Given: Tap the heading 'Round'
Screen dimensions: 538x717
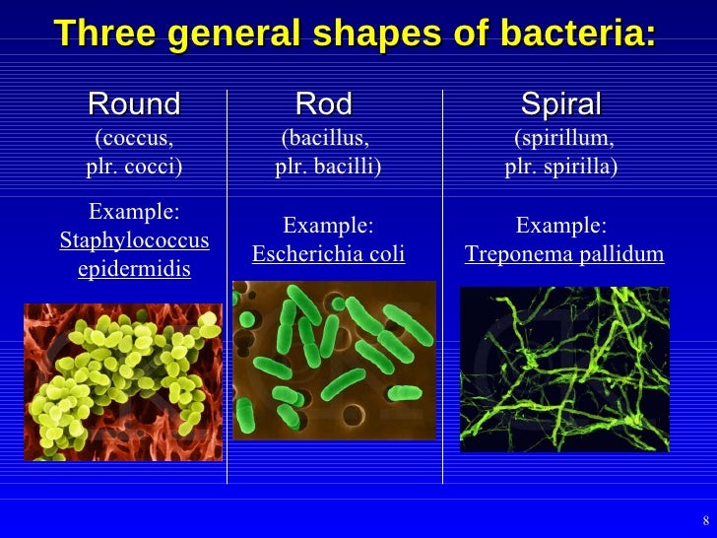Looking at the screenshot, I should [134, 103].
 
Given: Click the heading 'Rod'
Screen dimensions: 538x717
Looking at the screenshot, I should [323, 103].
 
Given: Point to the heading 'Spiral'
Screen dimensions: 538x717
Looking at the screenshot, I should [560, 103].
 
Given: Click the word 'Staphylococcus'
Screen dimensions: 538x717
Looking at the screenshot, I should [135, 240].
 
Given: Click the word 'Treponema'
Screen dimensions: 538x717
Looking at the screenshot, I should [512, 254].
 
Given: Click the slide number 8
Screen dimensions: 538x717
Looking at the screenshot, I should [704, 520].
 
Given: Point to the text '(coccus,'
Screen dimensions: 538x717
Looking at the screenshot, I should [134, 138].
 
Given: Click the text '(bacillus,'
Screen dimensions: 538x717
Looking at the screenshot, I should [326, 138].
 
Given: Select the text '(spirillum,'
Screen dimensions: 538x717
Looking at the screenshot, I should [564, 138].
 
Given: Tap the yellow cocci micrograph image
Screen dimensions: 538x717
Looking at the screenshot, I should [123, 381].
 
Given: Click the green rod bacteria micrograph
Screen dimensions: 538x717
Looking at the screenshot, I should [334, 360].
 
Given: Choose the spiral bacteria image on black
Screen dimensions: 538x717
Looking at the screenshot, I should [564, 370].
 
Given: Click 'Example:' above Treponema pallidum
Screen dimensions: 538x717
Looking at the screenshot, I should [561, 226].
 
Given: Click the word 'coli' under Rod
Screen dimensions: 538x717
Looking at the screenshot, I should [386, 254].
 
